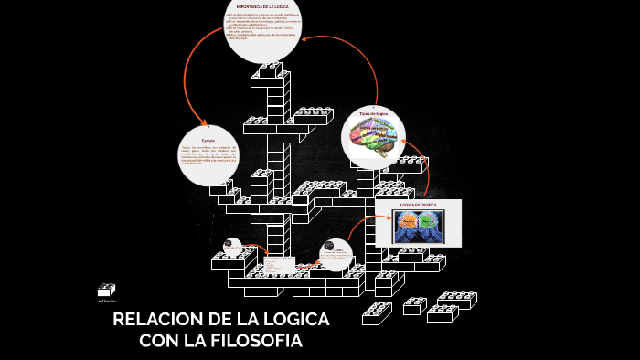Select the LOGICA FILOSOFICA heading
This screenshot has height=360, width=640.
(419, 205)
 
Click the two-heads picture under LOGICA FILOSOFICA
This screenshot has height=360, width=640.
(419, 226)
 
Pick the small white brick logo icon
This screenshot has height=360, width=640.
(106, 290)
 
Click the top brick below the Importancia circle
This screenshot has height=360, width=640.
(271, 70)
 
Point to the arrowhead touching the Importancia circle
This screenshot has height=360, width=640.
(306, 37)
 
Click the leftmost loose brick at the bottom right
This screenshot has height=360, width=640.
(377, 313)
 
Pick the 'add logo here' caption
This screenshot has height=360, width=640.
(107, 300)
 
